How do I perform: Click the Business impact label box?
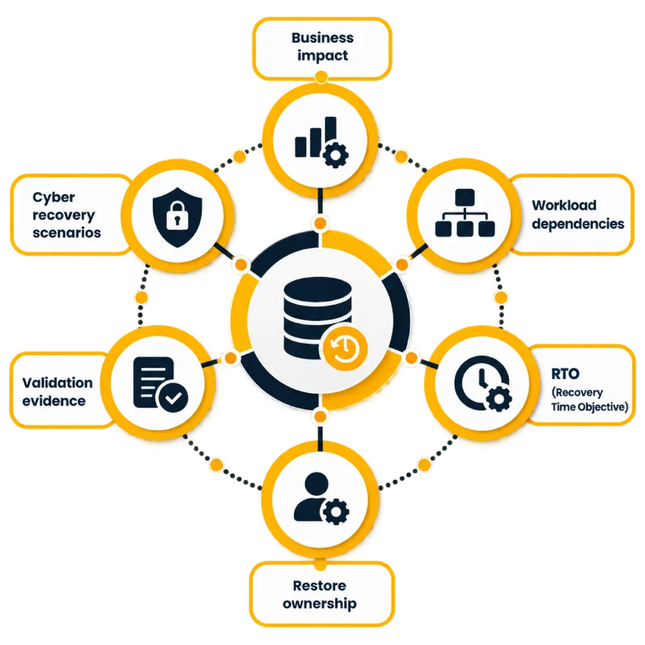pos(322,48)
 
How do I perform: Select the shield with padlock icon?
pos(177,217)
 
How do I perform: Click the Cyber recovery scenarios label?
pos(66,215)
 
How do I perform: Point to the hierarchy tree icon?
pos(465,213)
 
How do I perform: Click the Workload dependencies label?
pos(578,214)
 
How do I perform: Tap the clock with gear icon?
pos(482,384)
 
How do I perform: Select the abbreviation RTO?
pos(565,374)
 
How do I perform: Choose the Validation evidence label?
pos(57,392)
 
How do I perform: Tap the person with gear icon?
pos(321,498)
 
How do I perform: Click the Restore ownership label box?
pos(322,593)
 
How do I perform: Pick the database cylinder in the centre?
pos(317,317)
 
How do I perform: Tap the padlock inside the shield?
pos(177,215)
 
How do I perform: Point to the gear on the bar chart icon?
pos(335,155)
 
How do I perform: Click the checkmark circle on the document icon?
pos(173,397)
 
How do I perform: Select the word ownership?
pos(319,604)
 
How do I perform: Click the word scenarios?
pos(67,233)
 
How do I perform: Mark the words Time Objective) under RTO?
pos(590,407)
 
